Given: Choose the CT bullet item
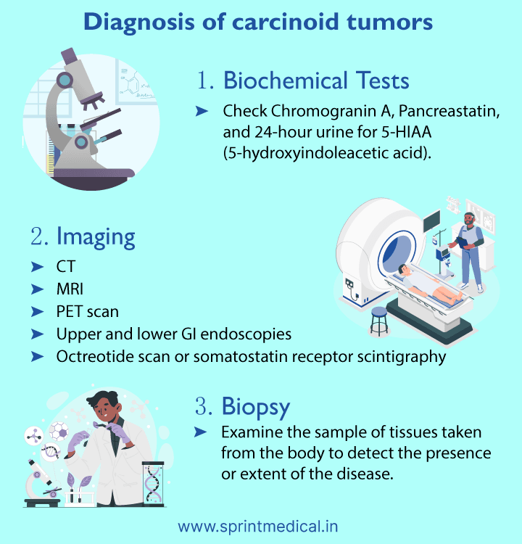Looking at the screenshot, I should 65,267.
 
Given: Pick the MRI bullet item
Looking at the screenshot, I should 70,289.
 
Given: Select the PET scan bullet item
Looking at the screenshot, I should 87,312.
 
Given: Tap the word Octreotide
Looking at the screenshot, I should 90,357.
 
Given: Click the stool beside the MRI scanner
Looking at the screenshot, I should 378,319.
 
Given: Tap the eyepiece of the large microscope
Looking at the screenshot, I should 71,57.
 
